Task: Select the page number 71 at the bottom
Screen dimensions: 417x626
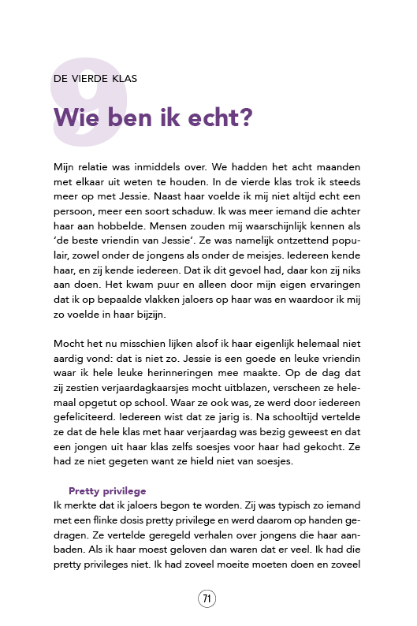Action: [x=207, y=598]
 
